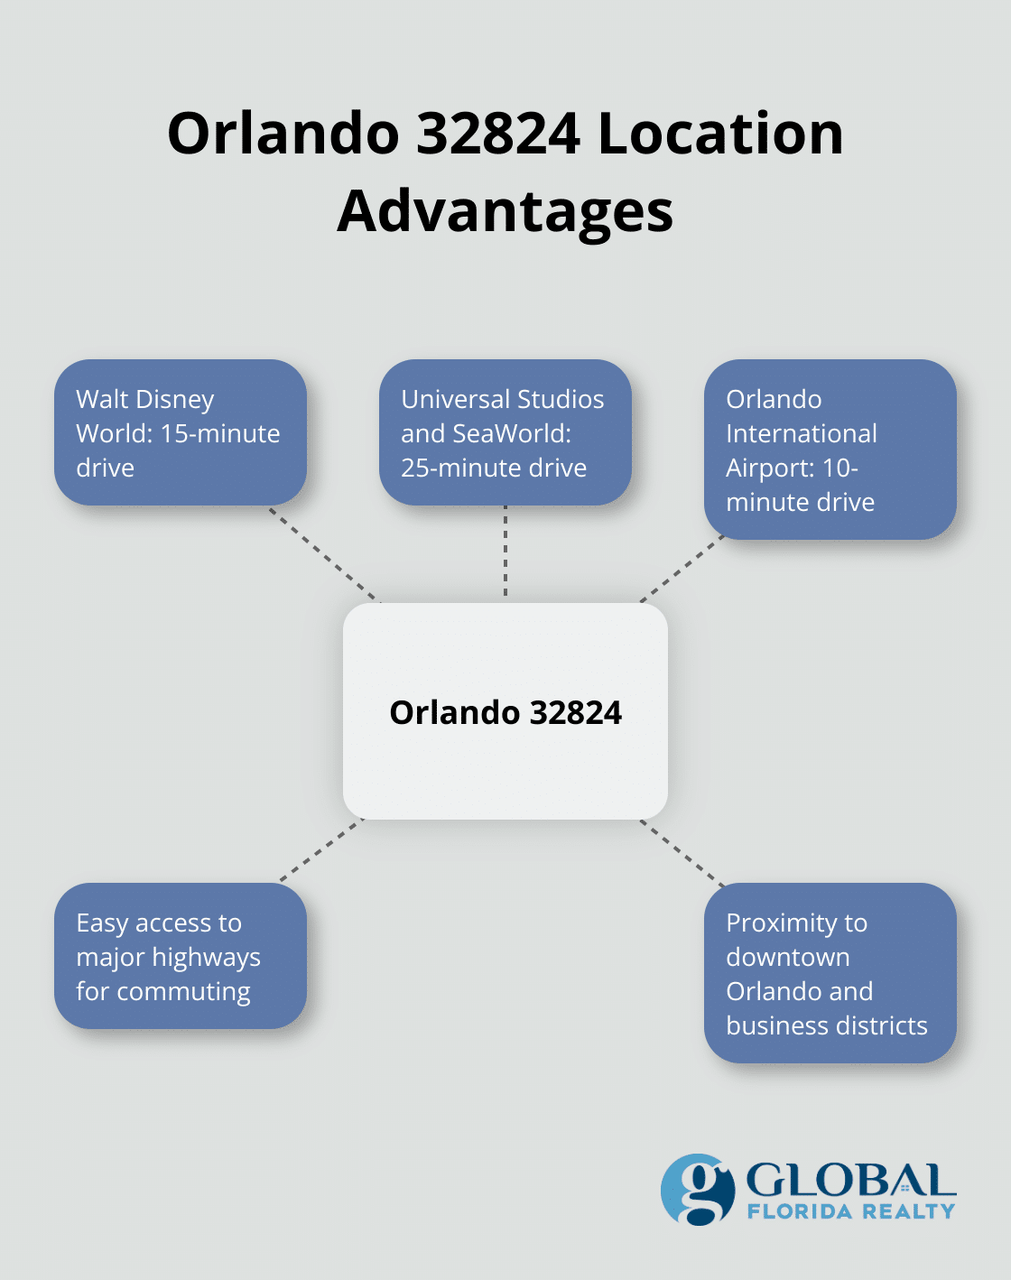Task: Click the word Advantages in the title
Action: pyautogui.click(x=505, y=211)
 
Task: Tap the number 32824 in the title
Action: pyautogui.click(x=499, y=134)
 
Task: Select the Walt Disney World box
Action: pyautogui.click(x=180, y=432)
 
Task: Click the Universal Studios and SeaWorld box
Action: pyautogui.click(x=505, y=432)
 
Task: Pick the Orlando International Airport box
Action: pyautogui.click(x=830, y=450)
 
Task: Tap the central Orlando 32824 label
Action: pyautogui.click(x=505, y=712)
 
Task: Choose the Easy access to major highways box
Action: pyautogui.click(x=180, y=956)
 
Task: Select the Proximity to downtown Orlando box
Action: pyautogui.click(x=830, y=973)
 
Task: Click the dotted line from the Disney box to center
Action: pyautogui.click(x=325, y=553)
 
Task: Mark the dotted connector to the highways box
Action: pyautogui.click(x=321, y=850)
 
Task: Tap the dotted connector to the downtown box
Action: pyautogui.click(x=682, y=852)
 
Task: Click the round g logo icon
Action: pyautogui.click(x=698, y=1189)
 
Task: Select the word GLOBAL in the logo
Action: pyautogui.click(x=850, y=1181)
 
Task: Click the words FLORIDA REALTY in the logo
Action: pyautogui.click(x=850, y=1211)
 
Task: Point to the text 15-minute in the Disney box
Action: pyautogui.click(x=220, y=433)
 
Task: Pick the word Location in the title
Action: pyautogui.click(x=719, y=134)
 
